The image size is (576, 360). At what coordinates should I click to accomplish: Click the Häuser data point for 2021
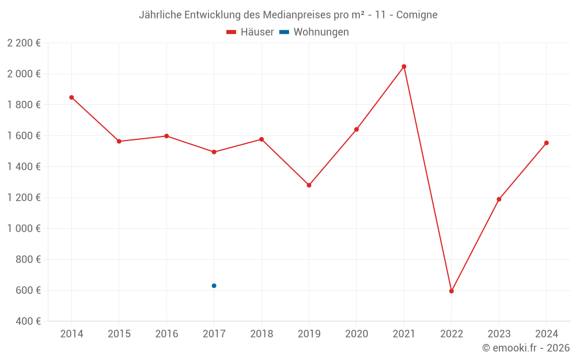click(404, 66)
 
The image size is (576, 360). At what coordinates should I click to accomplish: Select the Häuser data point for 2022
click(452, 291)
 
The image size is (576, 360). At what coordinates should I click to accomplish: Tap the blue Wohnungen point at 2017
click(214, 286)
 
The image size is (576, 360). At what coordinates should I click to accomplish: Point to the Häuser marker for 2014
click(71, 97)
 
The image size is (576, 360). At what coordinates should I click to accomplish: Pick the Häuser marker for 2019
click(309, 185)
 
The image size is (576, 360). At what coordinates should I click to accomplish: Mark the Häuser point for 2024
click(546, 143)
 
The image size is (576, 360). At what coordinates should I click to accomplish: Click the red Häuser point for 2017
click(214, 152)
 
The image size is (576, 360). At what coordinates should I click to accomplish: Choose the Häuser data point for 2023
click(499, 199)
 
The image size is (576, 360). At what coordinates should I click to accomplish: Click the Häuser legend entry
click(250, 32)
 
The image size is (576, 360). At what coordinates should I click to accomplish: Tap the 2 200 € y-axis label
click(24, 43)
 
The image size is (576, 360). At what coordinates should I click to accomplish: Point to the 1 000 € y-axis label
click(24, 229)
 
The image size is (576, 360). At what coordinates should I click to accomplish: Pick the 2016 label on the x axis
click(166, 334)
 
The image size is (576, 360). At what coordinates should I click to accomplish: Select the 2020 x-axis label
click(357, 334)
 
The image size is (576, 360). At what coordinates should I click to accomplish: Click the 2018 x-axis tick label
click(262, 334)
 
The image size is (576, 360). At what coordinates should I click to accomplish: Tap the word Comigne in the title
click(417, 15)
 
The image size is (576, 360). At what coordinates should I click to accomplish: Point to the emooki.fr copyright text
click(526, 348)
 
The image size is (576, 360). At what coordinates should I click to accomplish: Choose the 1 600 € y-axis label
click(24, 136)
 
